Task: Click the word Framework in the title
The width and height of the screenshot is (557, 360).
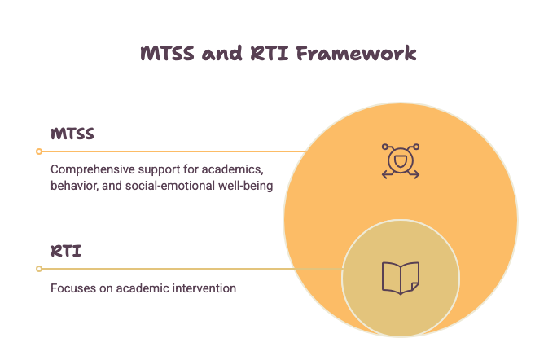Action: tap(356, 54)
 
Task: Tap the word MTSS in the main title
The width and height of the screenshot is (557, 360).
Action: tap(167, 54)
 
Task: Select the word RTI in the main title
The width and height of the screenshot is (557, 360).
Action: tap(269, 54)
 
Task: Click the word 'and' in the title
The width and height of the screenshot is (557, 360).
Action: tap(222, 54)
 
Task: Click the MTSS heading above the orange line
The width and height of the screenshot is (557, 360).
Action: tap(72, 134)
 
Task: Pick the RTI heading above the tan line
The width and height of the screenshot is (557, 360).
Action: tap(66, 251)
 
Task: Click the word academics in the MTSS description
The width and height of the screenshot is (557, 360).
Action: tap(233, 169)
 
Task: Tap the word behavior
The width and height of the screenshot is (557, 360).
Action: tap(75, 186)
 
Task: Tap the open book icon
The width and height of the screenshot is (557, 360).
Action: tap(401, 279)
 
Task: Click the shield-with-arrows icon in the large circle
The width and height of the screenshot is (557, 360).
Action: tap(401, 161)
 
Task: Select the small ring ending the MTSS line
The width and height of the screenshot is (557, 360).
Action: tap(39, 151)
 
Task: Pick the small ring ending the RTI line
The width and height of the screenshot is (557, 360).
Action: tap(39, 269)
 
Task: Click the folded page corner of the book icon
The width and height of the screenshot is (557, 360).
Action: tap(415, 287)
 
